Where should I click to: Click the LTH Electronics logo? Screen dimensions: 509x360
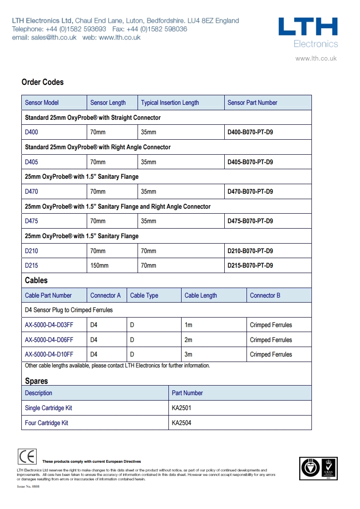pos(308,32)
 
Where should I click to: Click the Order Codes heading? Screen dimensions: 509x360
pos(43,82)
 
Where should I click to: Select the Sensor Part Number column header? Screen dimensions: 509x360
pos(252,103)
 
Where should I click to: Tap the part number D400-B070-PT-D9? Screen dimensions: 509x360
pos(250,132)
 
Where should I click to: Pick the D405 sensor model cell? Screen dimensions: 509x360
pos(32,162)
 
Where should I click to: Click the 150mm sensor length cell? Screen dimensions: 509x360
pos(99,265)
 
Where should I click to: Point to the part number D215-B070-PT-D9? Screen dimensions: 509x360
pos(250,265)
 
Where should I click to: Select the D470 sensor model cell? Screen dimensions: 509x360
pos(32,191)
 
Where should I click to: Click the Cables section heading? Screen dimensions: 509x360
pos(36,280)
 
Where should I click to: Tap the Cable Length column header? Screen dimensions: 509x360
pos(201,295)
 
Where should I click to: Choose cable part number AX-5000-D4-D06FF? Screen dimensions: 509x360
pos(49,340)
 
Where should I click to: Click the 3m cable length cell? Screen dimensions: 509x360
pos(188,354)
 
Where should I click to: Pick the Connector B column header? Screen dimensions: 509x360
pos(265,295)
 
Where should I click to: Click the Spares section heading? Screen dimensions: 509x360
pos(36,381)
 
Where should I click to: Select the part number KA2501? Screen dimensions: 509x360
pos(182,408)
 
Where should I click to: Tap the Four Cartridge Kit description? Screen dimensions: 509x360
pos(47,423)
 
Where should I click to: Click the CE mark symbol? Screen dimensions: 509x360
pos(27,456)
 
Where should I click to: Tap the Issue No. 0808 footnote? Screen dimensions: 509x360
pos(28,486)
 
